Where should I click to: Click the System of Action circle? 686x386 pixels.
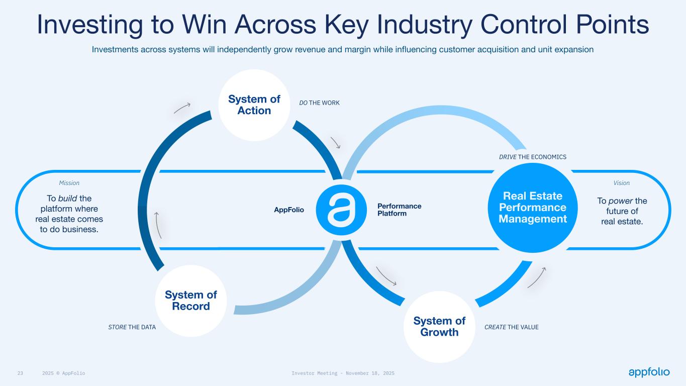click(254, 105)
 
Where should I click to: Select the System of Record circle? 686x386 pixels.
click(191, 301)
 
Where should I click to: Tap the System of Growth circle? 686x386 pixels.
click(439, 327)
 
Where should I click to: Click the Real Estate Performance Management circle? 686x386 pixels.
click(533, 208)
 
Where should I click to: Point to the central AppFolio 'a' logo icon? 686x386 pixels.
click(341, 210)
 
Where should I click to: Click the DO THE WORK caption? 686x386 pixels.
click(320, 103)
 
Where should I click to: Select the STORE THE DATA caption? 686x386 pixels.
click(132, 327)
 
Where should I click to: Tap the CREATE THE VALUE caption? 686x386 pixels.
click(512, 327)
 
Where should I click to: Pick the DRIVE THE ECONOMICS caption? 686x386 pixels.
click(533, 157)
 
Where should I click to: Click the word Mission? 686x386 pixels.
click(69, 183)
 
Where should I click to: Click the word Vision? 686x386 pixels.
click(622, 183)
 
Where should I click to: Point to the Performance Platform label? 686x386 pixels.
click(400, 210)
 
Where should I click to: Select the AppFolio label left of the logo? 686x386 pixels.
click(289, 210)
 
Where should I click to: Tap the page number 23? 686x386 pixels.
click(20, 373)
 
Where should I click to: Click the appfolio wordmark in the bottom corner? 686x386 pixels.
click(649, 372)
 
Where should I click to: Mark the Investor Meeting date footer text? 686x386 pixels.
click(343, 373)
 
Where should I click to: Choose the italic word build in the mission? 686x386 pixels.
click(68, 199)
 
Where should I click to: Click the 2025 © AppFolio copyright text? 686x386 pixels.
click(64, 373)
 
